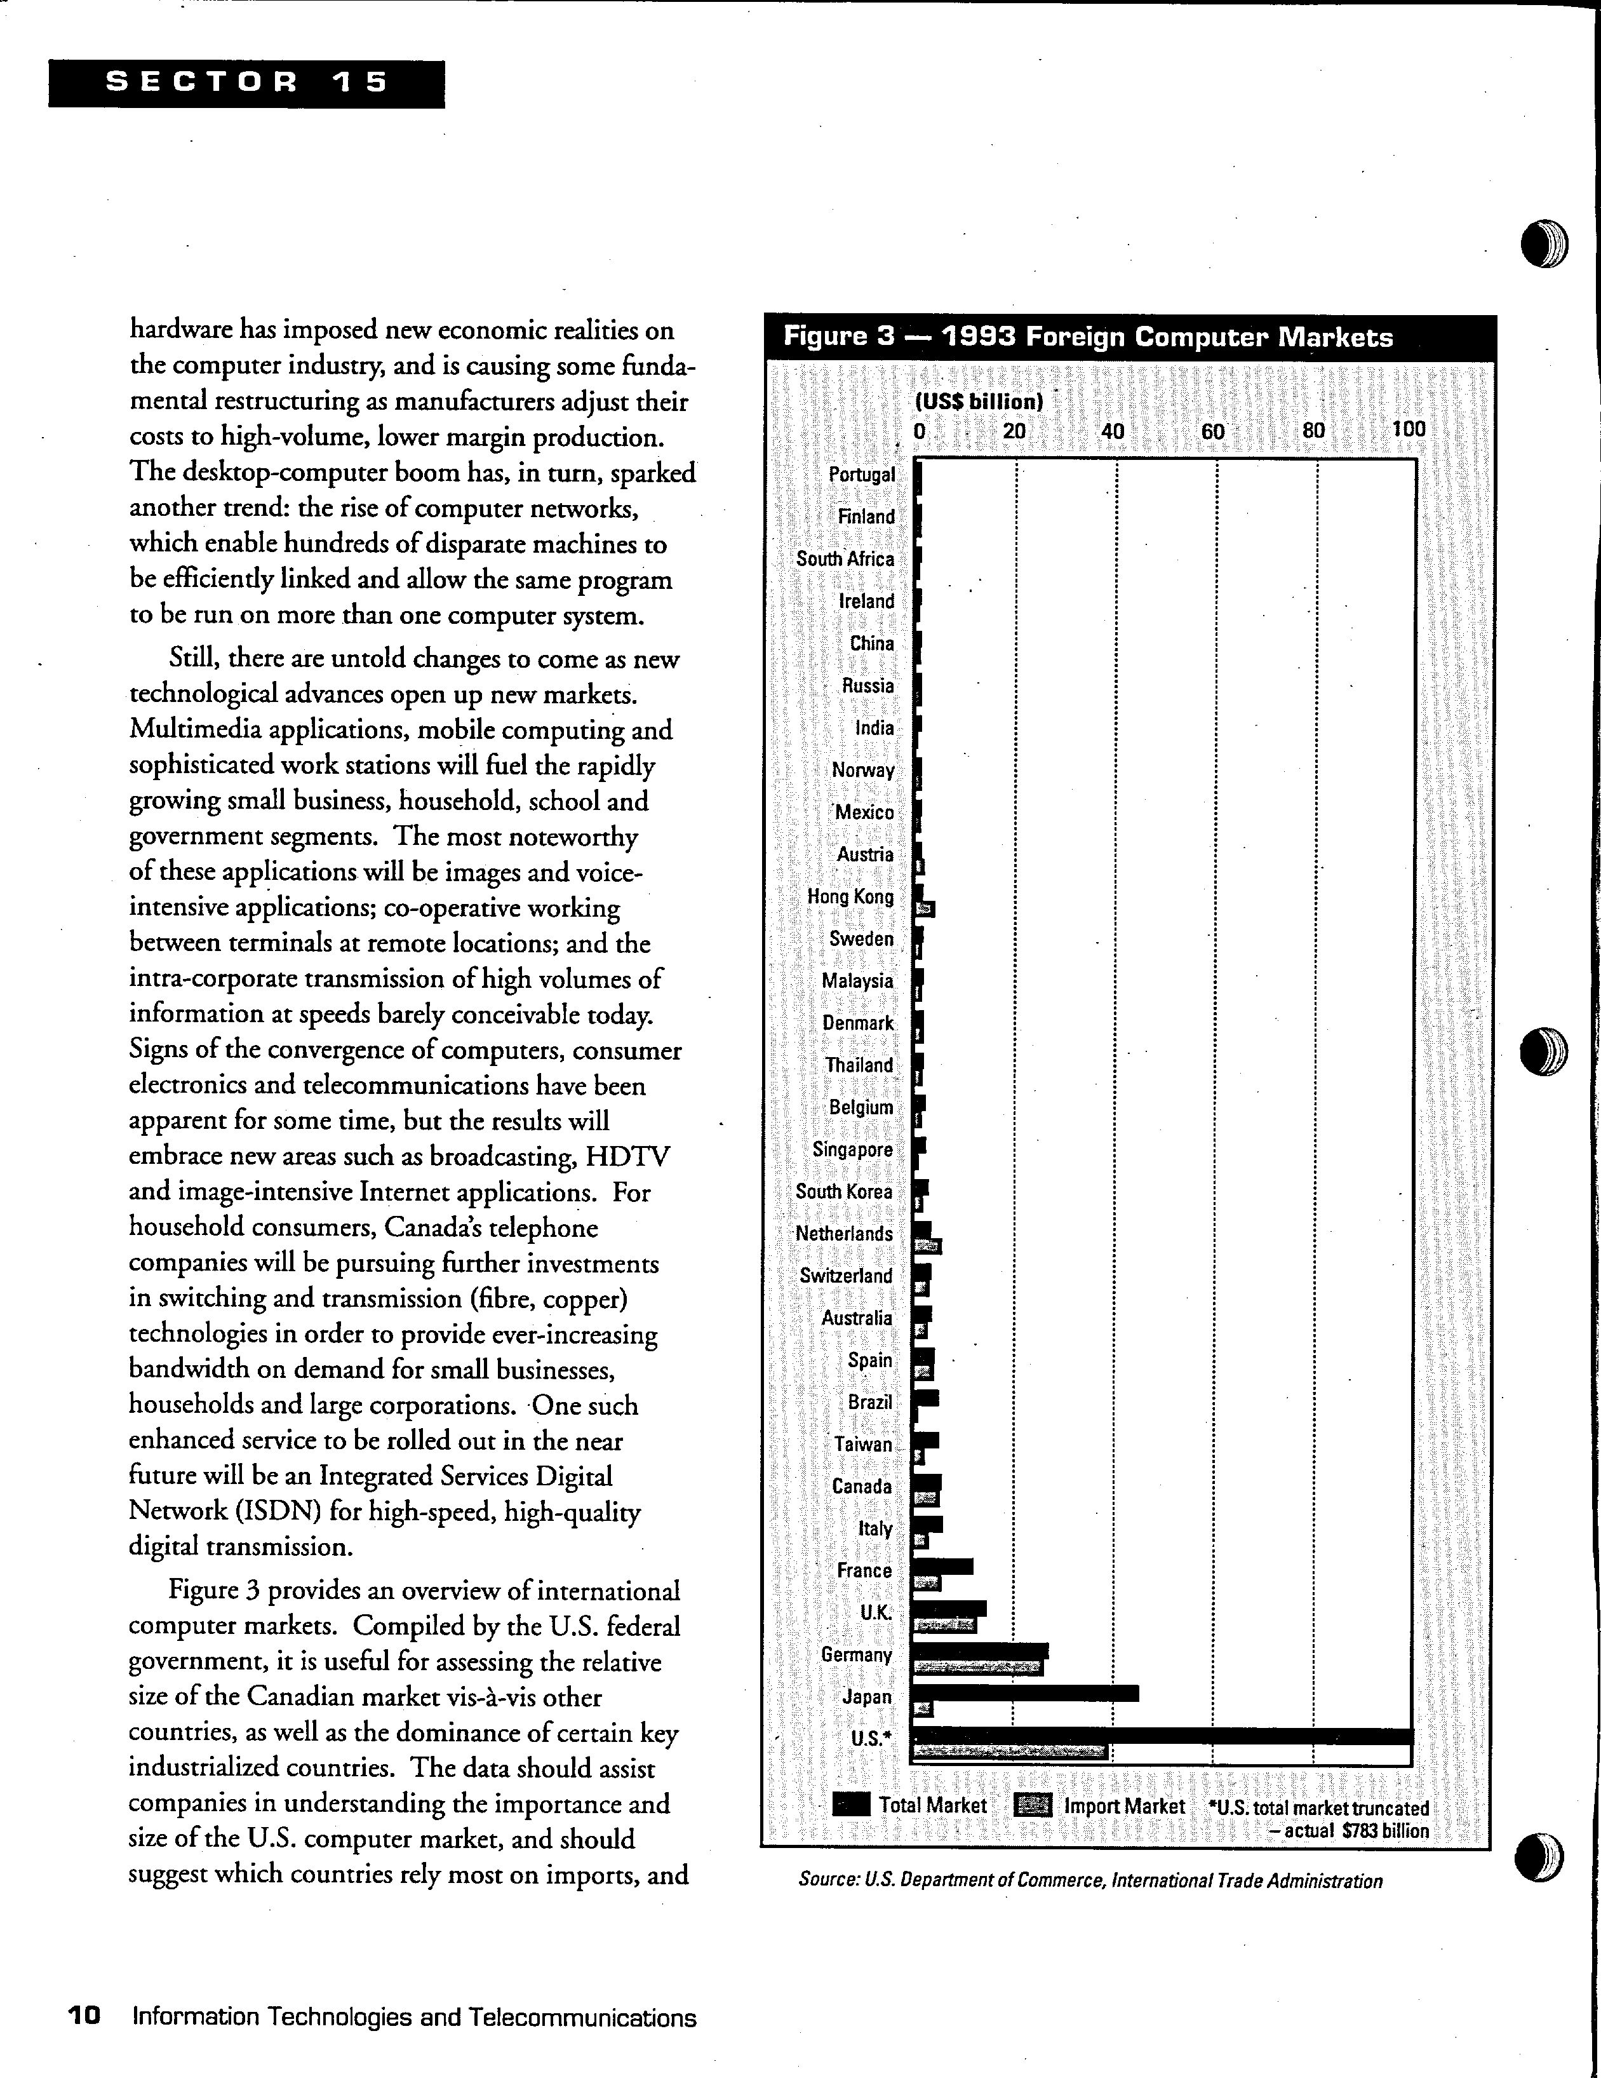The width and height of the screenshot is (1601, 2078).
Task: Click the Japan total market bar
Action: click(x=1026, y=1692)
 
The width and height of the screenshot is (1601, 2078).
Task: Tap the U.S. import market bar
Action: click(x=1010, y=1751)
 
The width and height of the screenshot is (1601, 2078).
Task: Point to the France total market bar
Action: click(x=942, y=1566)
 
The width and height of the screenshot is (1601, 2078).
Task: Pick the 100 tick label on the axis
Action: click(x=1409, y=429)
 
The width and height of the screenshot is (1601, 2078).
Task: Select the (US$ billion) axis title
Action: click(x=979, y=401)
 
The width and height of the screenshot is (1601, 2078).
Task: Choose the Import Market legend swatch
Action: click(x=1033, y=1805)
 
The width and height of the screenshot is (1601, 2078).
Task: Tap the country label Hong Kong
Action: click(x=850, y=896)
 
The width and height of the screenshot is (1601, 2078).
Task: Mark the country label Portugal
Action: click(x=862, y=474)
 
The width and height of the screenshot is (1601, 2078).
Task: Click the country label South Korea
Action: click(x=844, y=1191)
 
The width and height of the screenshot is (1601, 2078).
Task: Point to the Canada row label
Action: click(x=862, y=1486)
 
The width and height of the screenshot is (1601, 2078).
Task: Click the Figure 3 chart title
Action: click(x=1087, y=338)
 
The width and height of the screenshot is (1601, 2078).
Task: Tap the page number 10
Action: click(x=84, y=2016)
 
